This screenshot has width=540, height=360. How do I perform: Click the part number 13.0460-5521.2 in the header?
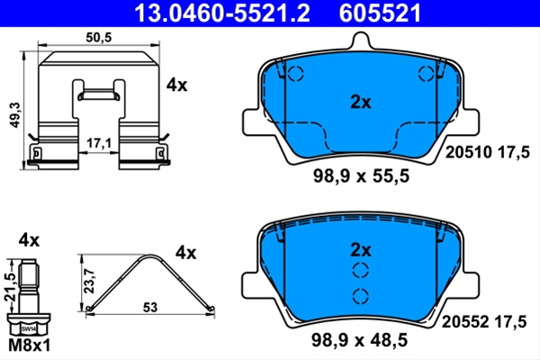[x=221, y=13]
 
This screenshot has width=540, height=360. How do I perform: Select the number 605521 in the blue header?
[x=380, y=13]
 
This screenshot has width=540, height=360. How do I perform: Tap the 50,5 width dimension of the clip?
[x=99, y=37]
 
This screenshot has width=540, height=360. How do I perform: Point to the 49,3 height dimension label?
[x=15, y=115]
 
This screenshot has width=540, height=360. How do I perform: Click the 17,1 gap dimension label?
[x=99, y=143]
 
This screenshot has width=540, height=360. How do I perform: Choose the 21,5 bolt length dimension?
[x=10, y=286]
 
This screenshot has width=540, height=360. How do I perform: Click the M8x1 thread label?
[x=29, y=346]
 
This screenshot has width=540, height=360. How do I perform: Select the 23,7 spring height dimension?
[x=90, y=282]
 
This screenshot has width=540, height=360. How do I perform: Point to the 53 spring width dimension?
[x=150, y=307]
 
